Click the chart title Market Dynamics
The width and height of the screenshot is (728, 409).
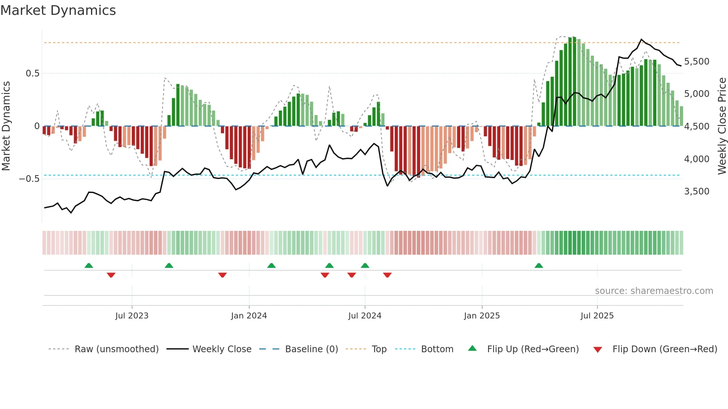click(58, 10)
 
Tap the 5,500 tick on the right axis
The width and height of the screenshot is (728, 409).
click(696, 61)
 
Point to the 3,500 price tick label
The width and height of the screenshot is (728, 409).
click(696, 191)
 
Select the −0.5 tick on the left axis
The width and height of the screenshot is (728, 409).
click(29, 179)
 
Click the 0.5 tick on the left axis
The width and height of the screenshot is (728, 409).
click(32, 73)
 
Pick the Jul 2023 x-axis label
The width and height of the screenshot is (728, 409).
click(132, 316)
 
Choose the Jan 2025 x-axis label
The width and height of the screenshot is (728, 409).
click(482, 316)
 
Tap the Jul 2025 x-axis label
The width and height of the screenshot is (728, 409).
click(597, 316)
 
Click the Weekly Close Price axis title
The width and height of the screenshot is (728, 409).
click(722, 126)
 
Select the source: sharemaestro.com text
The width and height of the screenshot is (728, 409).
click(654, 291)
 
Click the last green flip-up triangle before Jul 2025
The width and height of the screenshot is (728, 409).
click(539, 265)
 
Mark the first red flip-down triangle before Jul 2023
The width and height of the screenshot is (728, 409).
click(111, 275)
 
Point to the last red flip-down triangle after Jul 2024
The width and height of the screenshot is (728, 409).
click(387, 275)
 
